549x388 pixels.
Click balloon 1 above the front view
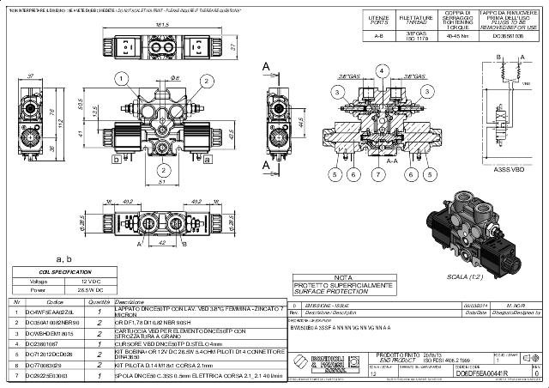click(122, 78)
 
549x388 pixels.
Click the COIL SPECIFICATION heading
click(64, 272)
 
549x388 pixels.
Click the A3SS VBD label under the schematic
click(509, 169)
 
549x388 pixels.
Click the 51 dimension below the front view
click(162, 182)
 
